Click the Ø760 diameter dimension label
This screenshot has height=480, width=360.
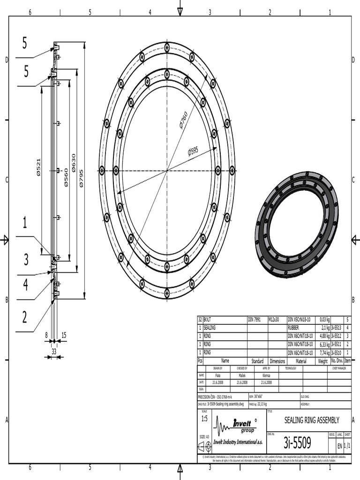pyautogui.click(x=183, y=120)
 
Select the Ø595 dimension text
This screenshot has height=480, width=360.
pyautogui.click(x=193, y=151)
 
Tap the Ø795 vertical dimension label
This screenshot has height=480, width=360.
pyautogui.click(x=82, y=178)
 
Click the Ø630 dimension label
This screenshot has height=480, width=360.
pyautogui.click(x=74, y=163)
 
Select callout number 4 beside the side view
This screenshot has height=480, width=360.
pyautogui.click(x=25, y=285)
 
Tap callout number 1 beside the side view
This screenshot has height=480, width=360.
pyautogui.click(x=24, y=223)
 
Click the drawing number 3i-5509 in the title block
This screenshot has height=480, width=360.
pyautogui.click(x=297, y=442)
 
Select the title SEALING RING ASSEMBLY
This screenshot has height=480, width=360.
pyautogui.click(x=312, y=420)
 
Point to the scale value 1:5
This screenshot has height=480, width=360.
pyautogui.click(x=204, y=418)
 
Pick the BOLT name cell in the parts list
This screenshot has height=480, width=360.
pyautogui.click(x=225, y=319)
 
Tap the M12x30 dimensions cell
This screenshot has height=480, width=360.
pyautogui.click(x=277, y=319)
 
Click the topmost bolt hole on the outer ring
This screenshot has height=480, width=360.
pyautogui.click(x=167, y=46)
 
